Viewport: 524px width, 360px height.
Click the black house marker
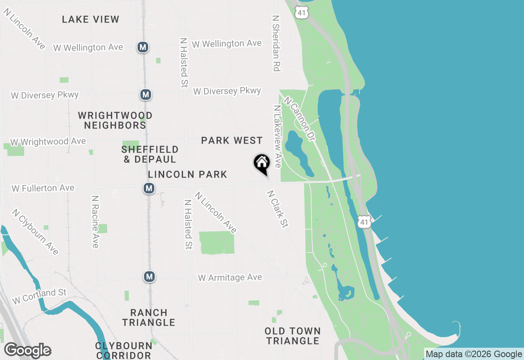pos(262,164)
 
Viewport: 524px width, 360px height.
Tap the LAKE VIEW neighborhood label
pos(90,19)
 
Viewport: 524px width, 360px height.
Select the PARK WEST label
pos(232,141)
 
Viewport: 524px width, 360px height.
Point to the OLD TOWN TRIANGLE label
pos(292,336)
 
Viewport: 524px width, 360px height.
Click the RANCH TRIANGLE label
pos(149,317)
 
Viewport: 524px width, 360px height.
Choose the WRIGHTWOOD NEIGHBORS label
pos(115,120)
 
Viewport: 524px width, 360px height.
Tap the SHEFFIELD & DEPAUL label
pos(150,154)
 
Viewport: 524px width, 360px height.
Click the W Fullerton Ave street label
pos(43,188)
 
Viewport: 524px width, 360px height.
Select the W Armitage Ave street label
pos(230,278)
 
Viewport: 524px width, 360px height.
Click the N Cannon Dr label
pos(300,119)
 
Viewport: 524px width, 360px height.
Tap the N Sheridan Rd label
pos(276,43)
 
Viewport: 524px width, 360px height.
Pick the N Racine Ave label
pos(95,221)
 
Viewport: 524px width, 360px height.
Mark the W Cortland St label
pos(39,296)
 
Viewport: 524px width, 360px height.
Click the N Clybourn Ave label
pos(35,232)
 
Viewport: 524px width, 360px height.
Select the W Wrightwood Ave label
pos(48,142)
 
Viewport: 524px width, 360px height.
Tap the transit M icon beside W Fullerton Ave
pos(149,188)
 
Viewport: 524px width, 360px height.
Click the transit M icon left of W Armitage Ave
pos(149,277)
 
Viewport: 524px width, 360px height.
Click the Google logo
pos(28,351)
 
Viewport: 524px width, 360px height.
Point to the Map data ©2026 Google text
pos(474,354)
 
